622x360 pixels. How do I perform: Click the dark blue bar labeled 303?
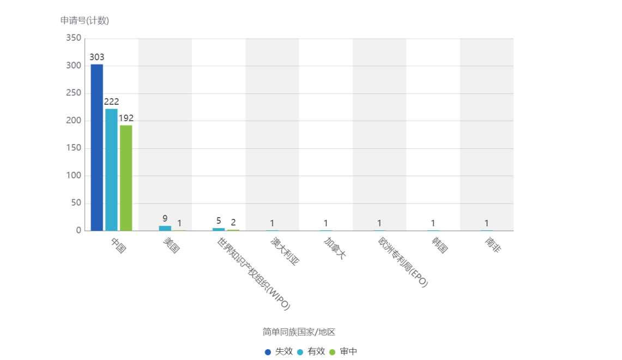(97, 147)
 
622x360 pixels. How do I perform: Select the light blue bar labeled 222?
(112, 169)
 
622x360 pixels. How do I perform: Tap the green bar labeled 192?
(126, 177)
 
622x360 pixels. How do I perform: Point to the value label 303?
(97, 57)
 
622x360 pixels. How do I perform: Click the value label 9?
(165, 219)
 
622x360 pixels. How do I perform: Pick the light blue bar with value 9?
(165, 228)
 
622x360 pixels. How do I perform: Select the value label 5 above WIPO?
(219, 221)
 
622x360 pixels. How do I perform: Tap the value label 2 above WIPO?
(233, 222)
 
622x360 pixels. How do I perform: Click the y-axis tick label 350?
(74, 38)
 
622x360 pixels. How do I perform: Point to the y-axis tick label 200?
(74, 121)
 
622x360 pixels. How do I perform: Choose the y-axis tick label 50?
(76, 203)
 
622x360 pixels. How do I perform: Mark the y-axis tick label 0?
(78, 230)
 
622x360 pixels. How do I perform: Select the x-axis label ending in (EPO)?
(403, 262)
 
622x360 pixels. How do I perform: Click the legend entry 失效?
(279, 352)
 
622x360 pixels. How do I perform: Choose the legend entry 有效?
(311, 352)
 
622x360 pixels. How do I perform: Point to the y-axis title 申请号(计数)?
(84, 21)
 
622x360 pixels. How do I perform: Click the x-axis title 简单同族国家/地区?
(299, 332)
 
